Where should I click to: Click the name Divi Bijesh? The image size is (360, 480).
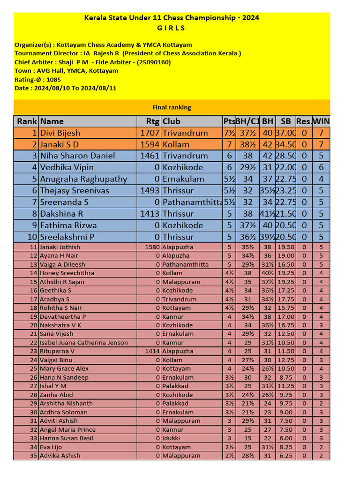click(60, 133)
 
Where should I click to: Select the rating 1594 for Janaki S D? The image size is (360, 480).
click(150, 144)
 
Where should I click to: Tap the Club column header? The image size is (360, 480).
click(172, 121)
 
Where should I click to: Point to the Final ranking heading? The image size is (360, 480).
click(172, 107)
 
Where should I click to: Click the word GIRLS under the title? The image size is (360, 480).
click(172, 28)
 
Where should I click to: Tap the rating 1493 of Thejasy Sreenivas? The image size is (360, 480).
click(150, 190)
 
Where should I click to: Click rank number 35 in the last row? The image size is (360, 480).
click(33, 456)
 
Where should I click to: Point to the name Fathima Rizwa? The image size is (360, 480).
click(69, 225)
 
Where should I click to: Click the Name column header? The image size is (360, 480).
click(52, 121)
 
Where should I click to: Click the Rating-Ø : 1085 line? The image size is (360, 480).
click(37, 79)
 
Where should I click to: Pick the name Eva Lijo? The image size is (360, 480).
click(51, 447)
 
